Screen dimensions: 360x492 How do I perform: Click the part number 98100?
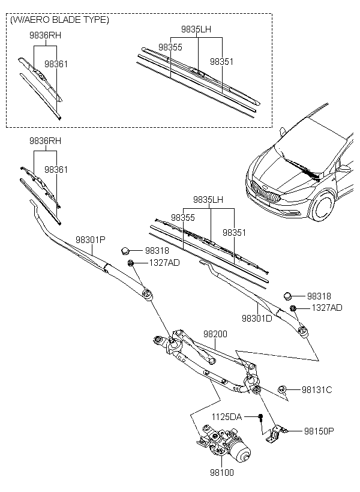[x=222, y=472]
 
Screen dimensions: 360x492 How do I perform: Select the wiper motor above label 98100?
[x=224, y=442]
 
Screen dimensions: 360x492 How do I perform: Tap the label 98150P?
[x=319, y=431]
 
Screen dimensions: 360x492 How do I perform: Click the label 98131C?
[x=317, y=390]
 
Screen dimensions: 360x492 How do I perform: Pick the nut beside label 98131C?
[x=281, y=389]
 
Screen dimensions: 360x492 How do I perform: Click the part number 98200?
[x=215, y=334]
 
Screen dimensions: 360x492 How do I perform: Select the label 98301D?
[x=257, y=318]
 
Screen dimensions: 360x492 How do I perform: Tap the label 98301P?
[x=91, y=240]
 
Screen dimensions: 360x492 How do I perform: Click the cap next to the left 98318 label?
[x=125, y=251]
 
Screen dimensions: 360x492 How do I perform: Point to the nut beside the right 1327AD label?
[x=293, y=308]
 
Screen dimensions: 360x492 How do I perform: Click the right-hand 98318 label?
[x=319, y=296]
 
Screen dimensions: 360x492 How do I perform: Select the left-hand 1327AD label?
[x=164, y=263]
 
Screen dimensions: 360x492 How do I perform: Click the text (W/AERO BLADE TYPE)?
[x=59, y=20]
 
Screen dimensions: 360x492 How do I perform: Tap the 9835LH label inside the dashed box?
[x=196, y=29]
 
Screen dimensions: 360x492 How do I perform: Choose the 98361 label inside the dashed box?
[x=56, y=64]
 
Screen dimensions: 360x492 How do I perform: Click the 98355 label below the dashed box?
[x=183, y=217]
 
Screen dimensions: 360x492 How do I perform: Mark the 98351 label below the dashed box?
[x=235, y=233]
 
